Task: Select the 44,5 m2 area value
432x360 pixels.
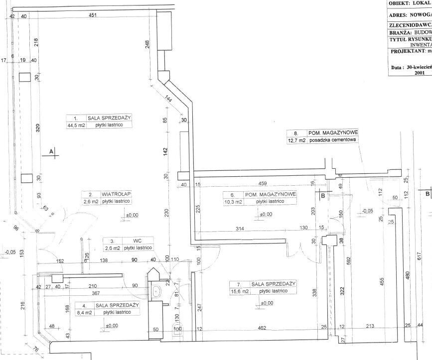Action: [77, 125]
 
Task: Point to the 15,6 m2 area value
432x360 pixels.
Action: [239, 291]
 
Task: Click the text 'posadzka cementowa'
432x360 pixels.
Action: [333, 140]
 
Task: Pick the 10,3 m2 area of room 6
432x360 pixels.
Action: [232, 202]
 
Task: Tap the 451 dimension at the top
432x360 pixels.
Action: [92, 16]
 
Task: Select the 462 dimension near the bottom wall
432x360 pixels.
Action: [262, 328]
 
